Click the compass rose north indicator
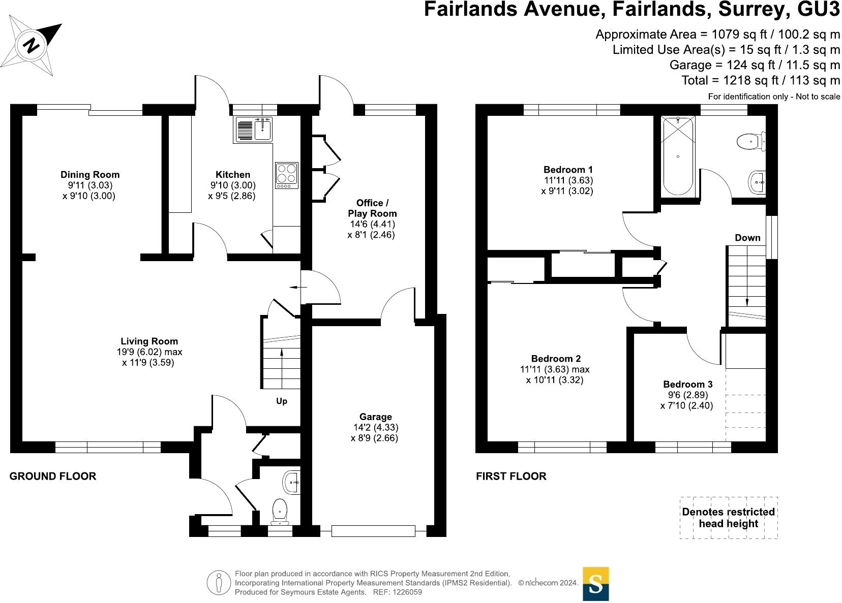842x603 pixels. click(x=32, y=46)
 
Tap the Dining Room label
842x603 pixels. click(x=90, y=175)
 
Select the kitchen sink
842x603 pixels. click(x=254, y=129)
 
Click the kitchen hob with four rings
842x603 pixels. click(x=287, y=175)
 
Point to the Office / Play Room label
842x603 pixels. click(x=372, y=208)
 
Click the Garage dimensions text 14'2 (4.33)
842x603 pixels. click(x=375, y=428)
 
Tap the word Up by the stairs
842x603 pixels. click(x=282, y=401)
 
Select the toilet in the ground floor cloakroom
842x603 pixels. click(x=280, y=511)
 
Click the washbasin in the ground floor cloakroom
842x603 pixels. click(x=292, y=481)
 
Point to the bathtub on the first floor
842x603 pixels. click(x=678, y=156)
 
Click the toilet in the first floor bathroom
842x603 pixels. click(x=750, y=141)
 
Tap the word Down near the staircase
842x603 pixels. click(x=747, y=238)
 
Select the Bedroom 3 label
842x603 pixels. click(x=687, y=384)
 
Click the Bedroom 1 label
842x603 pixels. click(x=568, y=170)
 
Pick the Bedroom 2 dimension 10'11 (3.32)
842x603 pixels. click(x=555, y=380)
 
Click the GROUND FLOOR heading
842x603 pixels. click(x=53, y=476)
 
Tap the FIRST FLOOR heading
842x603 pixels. click(x=511, y=476)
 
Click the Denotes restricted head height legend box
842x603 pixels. click(x=728, y=518)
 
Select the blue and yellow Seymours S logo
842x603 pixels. click(x=595, y=584)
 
